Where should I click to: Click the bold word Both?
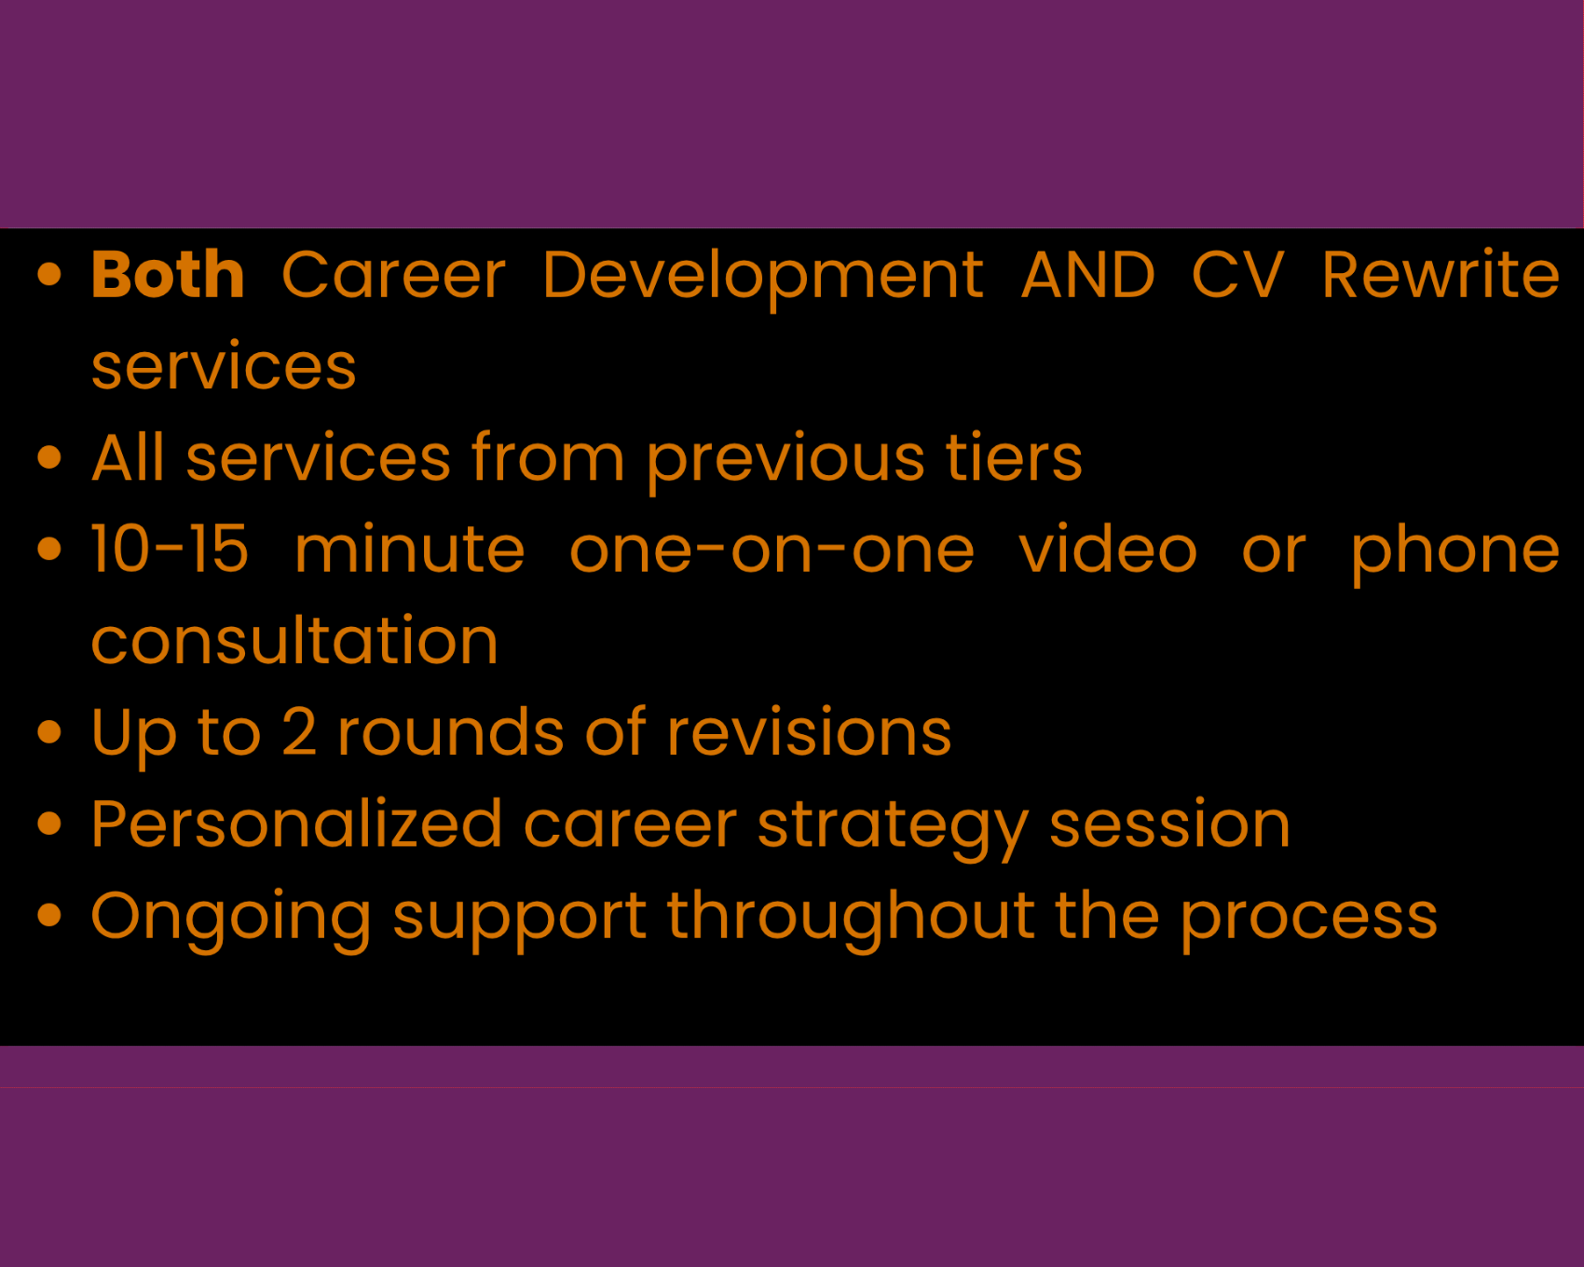pos(168,275)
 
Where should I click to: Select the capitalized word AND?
pos(1087,276)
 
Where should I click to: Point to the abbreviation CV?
pos(1238,276)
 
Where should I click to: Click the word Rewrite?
pos(1441,275)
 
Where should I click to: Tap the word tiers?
pos(1015,457)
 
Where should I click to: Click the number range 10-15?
pos(171,549)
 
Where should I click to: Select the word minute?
pos(410,549)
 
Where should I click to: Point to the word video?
pos(1108,549)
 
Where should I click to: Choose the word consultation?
pos(295,641)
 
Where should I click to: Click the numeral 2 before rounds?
pos(299,732)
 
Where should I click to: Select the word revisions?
pos(810,731)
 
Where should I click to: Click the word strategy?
pos(894,829)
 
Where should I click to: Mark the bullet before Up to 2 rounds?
pos(49,732)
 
